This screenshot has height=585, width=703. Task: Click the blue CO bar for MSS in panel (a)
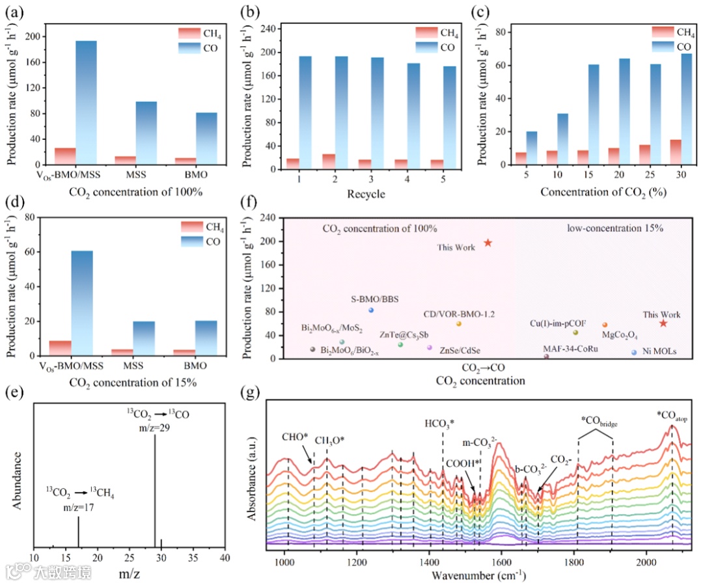[146, 133]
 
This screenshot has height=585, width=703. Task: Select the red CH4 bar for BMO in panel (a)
[186, 161]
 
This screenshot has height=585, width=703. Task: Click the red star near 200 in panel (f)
[488, 243]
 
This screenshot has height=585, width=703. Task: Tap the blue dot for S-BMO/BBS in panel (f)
[370, 310]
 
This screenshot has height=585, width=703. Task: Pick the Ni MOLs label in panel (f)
[660, 352]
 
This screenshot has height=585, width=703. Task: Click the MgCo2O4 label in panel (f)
[619, 336]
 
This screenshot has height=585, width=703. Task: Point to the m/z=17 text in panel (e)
[78, 508]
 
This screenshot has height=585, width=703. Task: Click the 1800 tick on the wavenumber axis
[573, 562]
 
